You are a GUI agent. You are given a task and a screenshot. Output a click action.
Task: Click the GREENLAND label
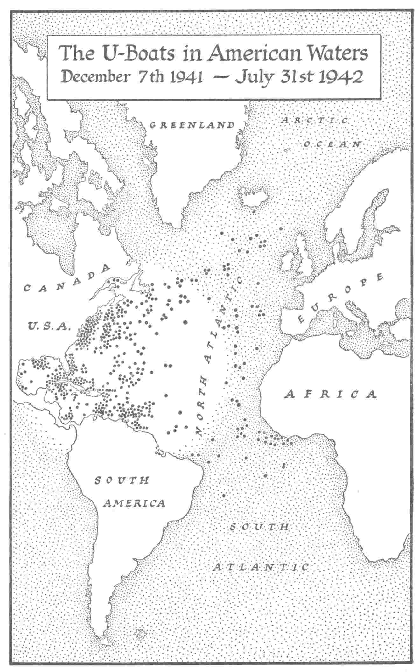point(192,125)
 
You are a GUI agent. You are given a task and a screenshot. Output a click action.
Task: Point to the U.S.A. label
point(48,325)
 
